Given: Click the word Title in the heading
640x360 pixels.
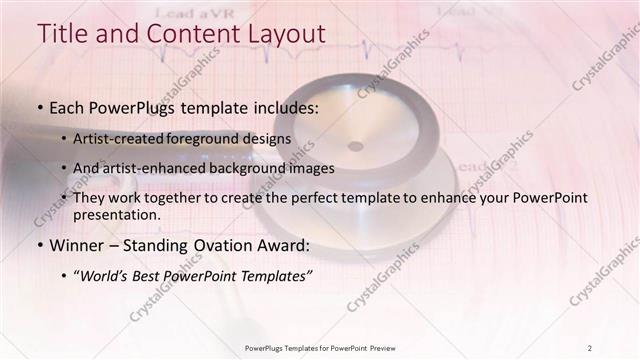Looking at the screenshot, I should [x=63, y=33].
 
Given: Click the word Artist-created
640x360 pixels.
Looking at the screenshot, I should [x=130, y=138].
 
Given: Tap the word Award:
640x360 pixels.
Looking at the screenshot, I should [x=284, y=245].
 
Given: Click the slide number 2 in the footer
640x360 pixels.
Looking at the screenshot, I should [x=590, y=347].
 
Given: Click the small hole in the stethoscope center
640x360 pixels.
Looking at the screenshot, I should [x=355, y=146].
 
